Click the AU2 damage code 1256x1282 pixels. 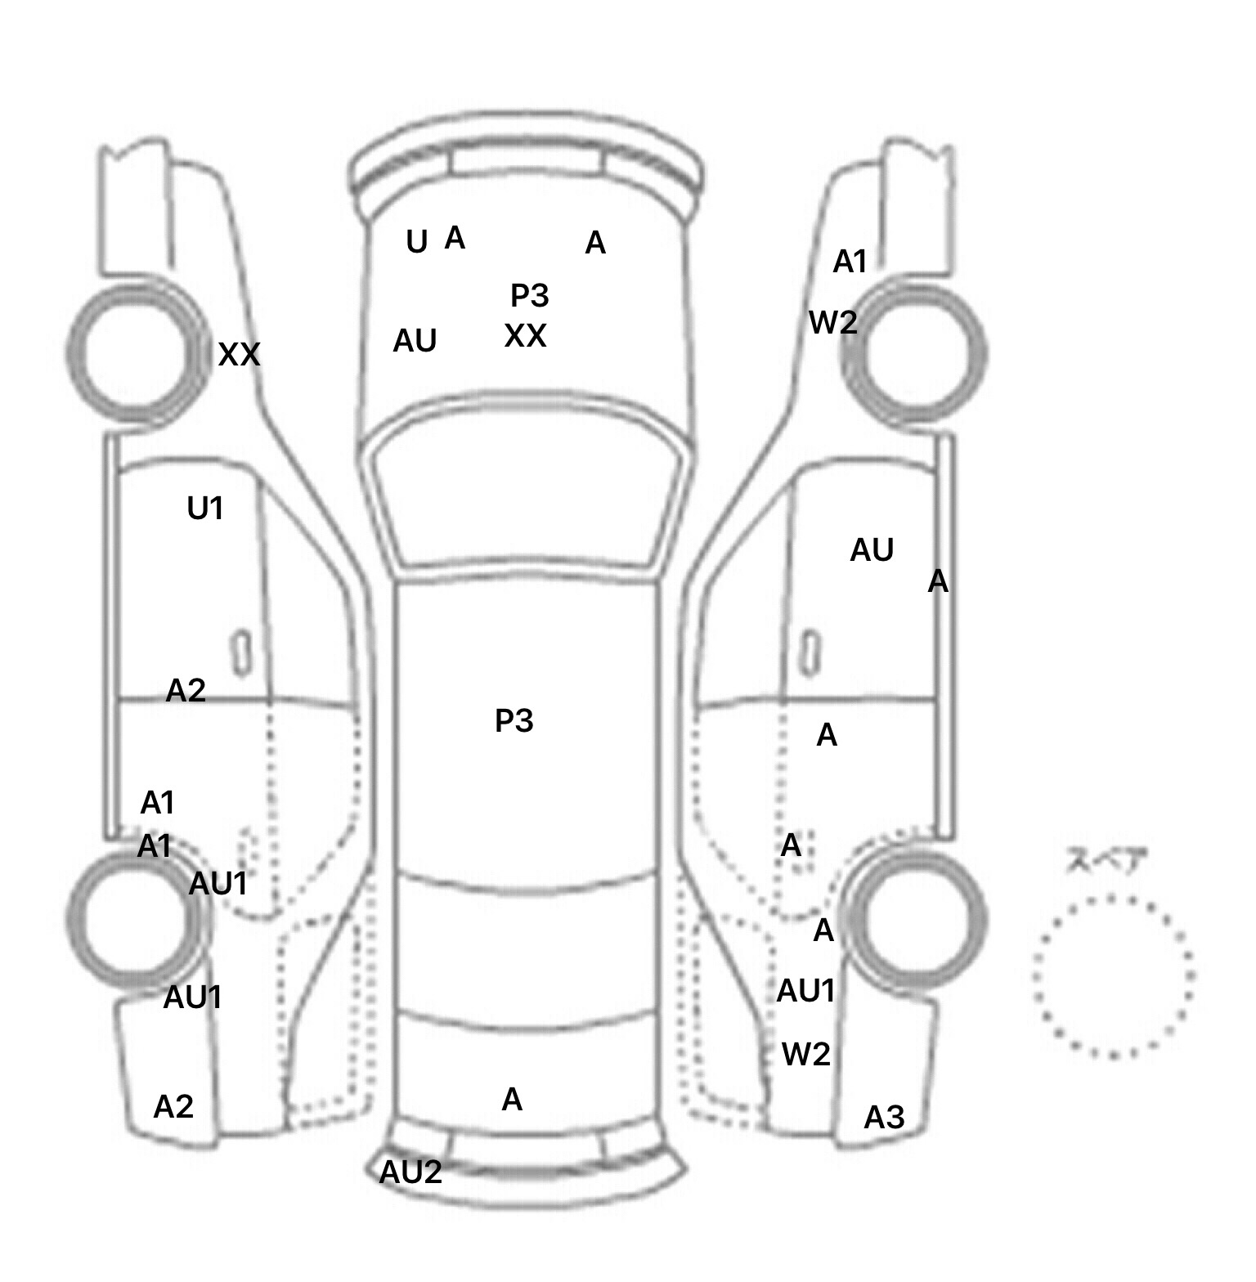pos(410,1172)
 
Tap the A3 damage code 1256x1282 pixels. pos(884,1117)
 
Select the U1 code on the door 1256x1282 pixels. pos(204,509)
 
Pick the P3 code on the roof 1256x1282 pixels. pos(514,720)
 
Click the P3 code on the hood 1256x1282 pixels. pos(529,295)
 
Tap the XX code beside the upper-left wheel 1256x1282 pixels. pos(239,355)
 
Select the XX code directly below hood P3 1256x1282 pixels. pos(525,336)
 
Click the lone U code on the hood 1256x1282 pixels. pos(416,242)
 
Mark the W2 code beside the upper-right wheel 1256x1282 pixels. pos(832,323)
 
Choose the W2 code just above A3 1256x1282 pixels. pos(805,1055)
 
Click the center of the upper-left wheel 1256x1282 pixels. pos(137,352)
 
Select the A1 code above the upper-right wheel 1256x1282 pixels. pos(849,262)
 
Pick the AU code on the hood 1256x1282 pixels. pos(415,341)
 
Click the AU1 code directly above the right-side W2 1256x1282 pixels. pos(805,991)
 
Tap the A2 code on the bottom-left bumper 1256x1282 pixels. pos(173,1107)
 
